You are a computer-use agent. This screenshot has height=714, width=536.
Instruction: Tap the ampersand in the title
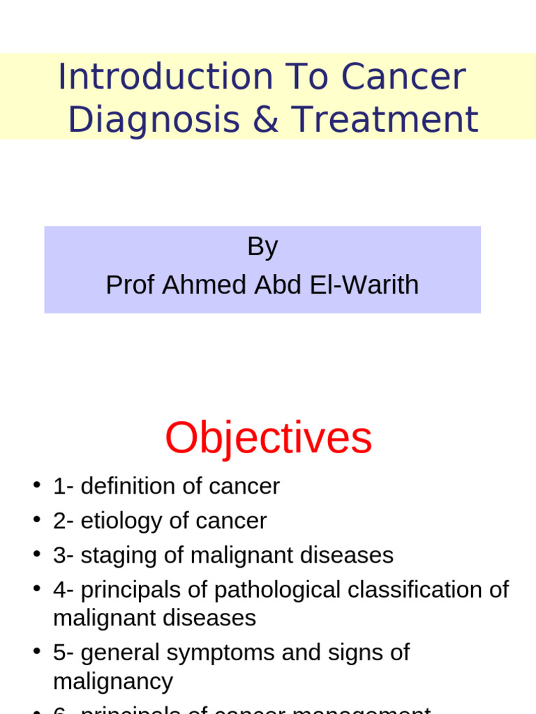[x=265, y=119]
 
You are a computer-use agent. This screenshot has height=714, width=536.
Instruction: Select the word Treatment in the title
[x=385, y=119]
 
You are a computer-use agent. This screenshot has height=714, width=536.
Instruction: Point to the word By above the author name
[x=262, y=247]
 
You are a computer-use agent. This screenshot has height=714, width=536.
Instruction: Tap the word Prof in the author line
[x=130, y=285]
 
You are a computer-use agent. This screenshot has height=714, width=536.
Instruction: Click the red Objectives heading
[x=268, y=439]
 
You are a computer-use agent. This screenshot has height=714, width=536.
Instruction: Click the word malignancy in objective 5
[x=113, y=681]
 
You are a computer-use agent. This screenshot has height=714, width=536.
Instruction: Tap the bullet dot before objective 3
[x=37, y=555]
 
